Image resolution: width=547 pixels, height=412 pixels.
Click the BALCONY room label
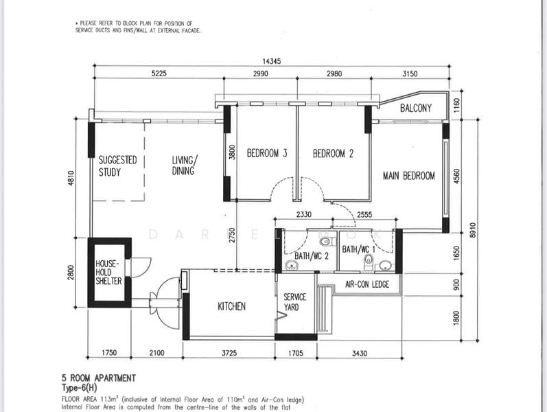(415, 108)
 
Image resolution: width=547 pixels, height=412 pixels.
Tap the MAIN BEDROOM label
(409, 175)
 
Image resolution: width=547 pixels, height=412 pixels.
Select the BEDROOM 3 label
(267, 153)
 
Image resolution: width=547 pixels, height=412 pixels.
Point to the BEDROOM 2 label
(333, 153)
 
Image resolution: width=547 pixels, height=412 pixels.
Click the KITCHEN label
(232, 306)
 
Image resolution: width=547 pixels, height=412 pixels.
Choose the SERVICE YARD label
(294, 302)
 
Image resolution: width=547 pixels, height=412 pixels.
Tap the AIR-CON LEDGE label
(367, 284)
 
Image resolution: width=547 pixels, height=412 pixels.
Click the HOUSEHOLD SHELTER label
(109, 273)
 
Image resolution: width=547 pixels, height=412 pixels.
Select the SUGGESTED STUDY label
(117, 166)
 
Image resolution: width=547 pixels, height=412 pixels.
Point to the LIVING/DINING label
(185, 165)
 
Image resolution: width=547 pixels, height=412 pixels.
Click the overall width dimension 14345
(271, 61)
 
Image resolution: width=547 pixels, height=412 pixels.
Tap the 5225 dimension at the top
(159, 73)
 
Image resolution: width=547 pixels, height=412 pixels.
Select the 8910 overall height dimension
(473, 230)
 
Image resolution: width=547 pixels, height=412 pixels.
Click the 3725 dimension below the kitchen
(229, 353)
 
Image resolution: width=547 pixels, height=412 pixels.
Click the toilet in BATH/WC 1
(369, 262)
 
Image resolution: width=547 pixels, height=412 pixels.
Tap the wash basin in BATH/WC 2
(290, 266)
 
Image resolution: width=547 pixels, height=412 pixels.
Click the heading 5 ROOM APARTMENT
(99, 378)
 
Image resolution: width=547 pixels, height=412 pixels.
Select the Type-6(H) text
(79, 387)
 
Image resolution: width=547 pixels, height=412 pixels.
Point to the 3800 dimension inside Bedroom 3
(232, 152)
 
